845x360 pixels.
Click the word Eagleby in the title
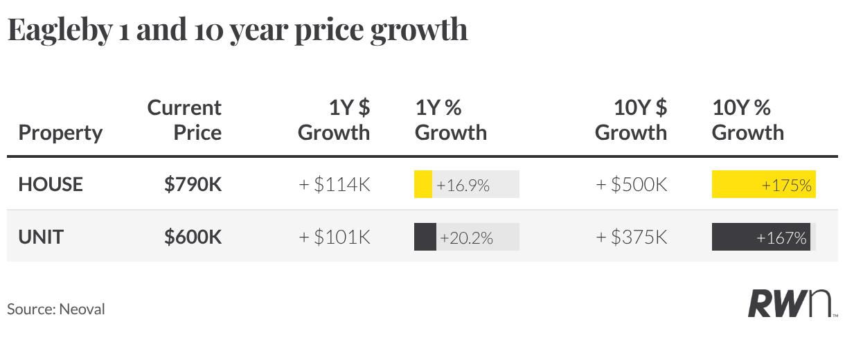pos(60,31)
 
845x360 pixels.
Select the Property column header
pos(60,134)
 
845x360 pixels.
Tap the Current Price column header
pos(184,120)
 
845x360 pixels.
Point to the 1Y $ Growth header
pos(334,120)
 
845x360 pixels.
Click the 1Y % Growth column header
pos(451,120)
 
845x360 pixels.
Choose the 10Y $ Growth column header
pos(631,120)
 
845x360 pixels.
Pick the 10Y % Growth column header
pos(747,120)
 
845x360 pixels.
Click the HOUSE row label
pos(51,184)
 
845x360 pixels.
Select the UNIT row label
pos(41,237)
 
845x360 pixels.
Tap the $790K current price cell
pos(193,184)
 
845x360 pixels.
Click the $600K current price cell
pos(193,237)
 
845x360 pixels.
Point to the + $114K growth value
pos(335,184)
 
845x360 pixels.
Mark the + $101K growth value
pos(335,237)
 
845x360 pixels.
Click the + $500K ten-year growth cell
pos(632,184)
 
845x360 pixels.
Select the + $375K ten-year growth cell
pos(632,237)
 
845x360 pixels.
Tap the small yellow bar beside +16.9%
pos(423,184)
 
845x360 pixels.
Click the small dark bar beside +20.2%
pos(425,237)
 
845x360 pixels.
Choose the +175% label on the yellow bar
pos(787,185)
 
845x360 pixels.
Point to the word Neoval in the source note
pos(82,309)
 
